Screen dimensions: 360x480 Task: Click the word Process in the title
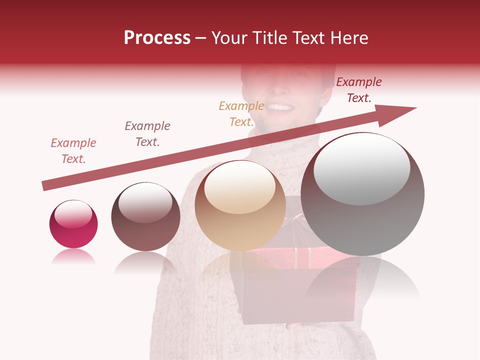[x=157, y=38]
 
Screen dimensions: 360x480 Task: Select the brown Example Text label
[x=147, y=133]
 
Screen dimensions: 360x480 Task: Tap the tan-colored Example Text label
[x=241, y=113]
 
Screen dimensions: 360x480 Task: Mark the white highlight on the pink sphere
[x=73, y=214]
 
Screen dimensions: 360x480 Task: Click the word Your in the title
[x=230, y=38]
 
